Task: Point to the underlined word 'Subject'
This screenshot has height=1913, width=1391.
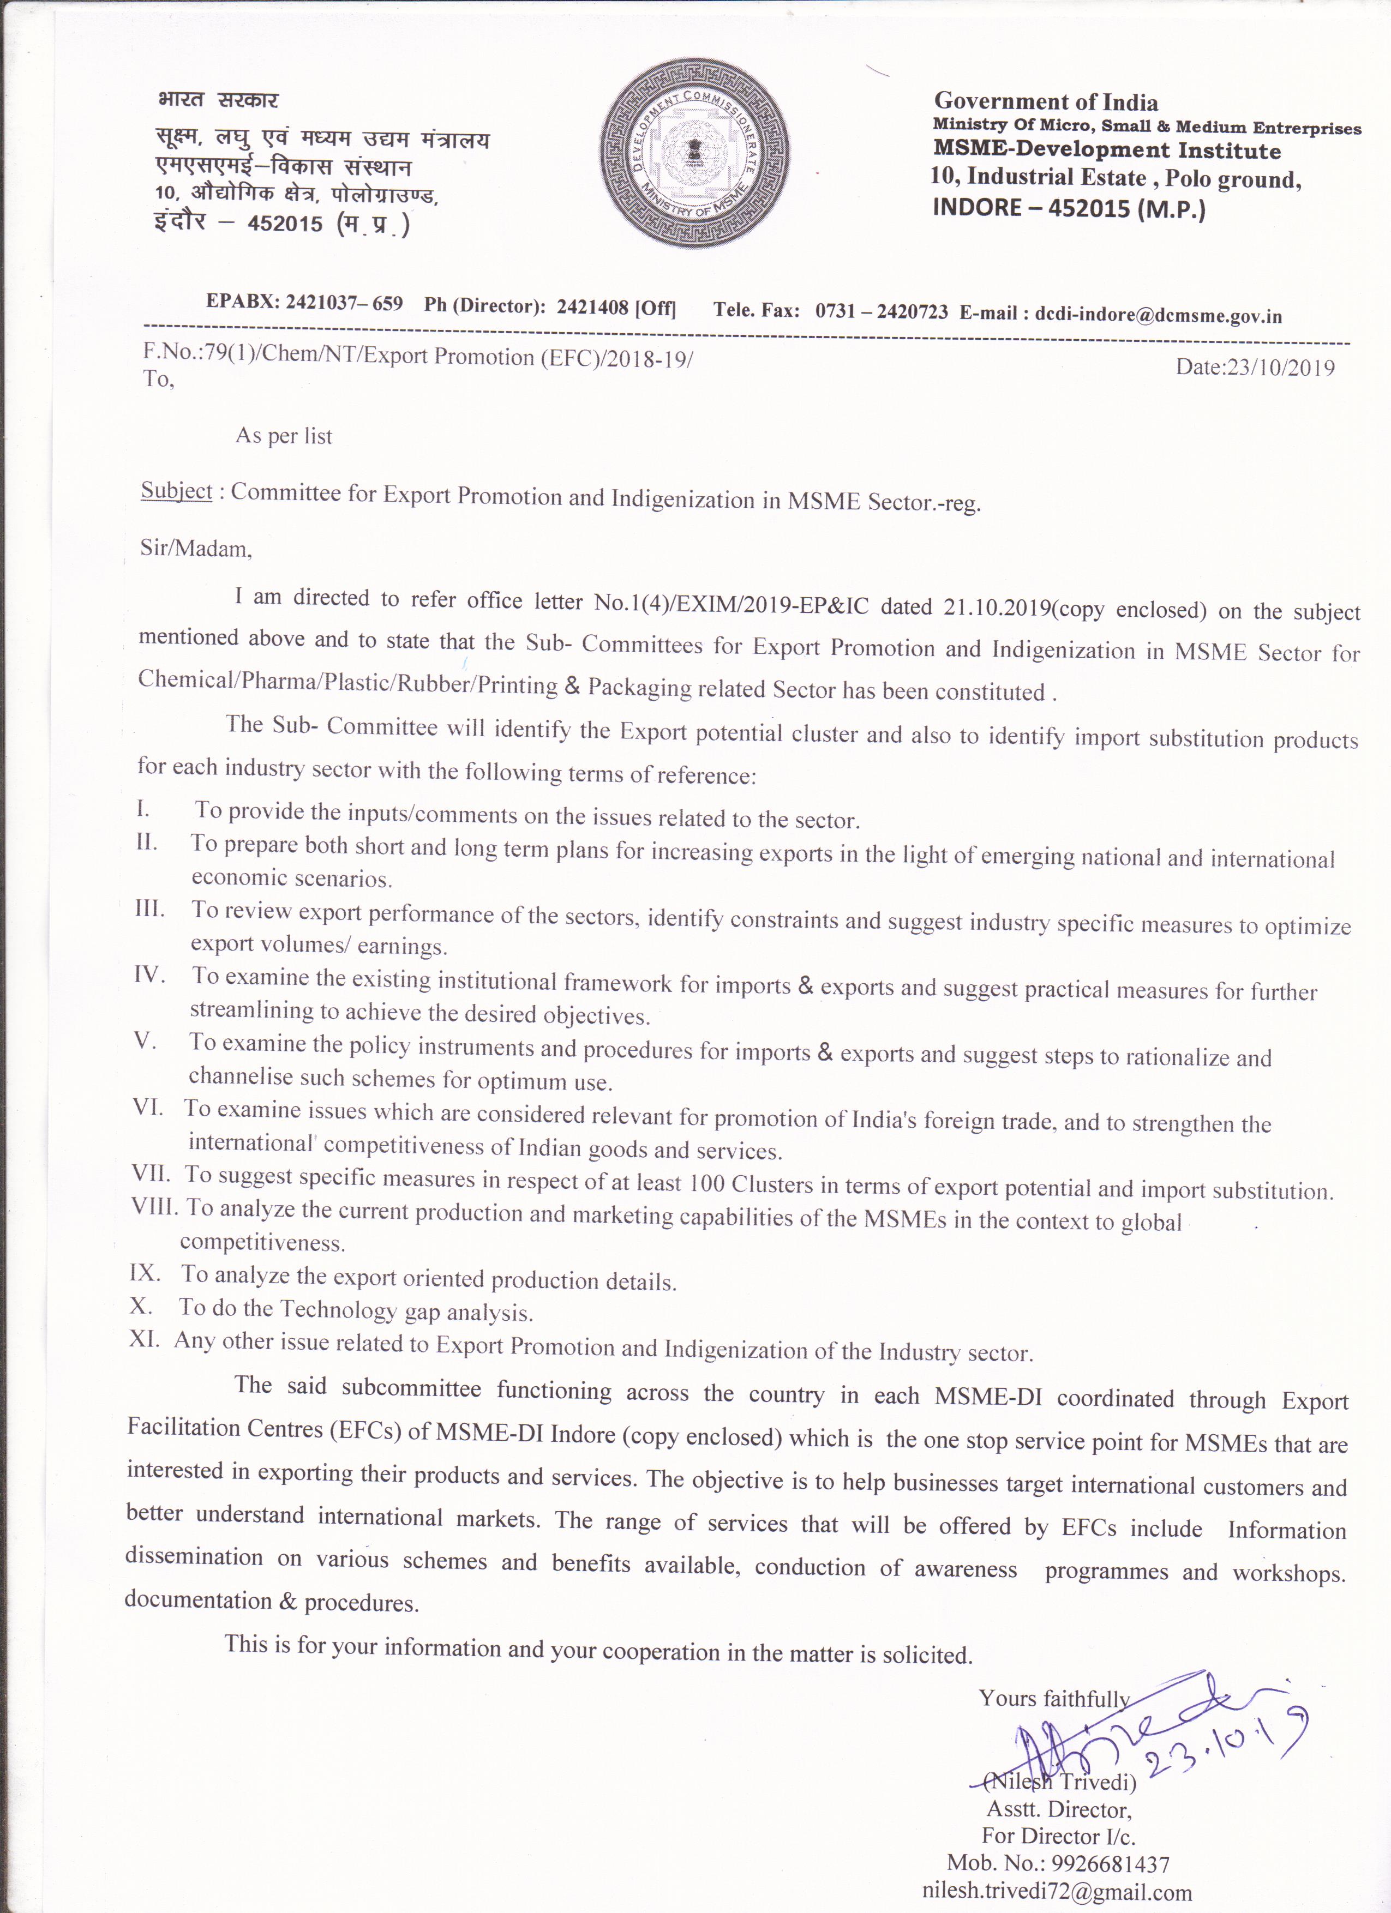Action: click(x=176, y=490)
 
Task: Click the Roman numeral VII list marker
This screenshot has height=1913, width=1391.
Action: click(x=151, y=1174)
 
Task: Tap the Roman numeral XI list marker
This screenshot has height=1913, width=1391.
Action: click(x=144, y=1339)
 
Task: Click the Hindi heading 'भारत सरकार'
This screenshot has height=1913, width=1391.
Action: click(x=218, y=100)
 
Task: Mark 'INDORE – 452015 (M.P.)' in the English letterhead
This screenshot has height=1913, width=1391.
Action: click(x=1068, y=207)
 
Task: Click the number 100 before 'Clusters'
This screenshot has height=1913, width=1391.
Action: click(x=706, y=1183)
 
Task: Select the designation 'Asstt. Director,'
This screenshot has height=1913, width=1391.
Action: click(x=1059, y=1809)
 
